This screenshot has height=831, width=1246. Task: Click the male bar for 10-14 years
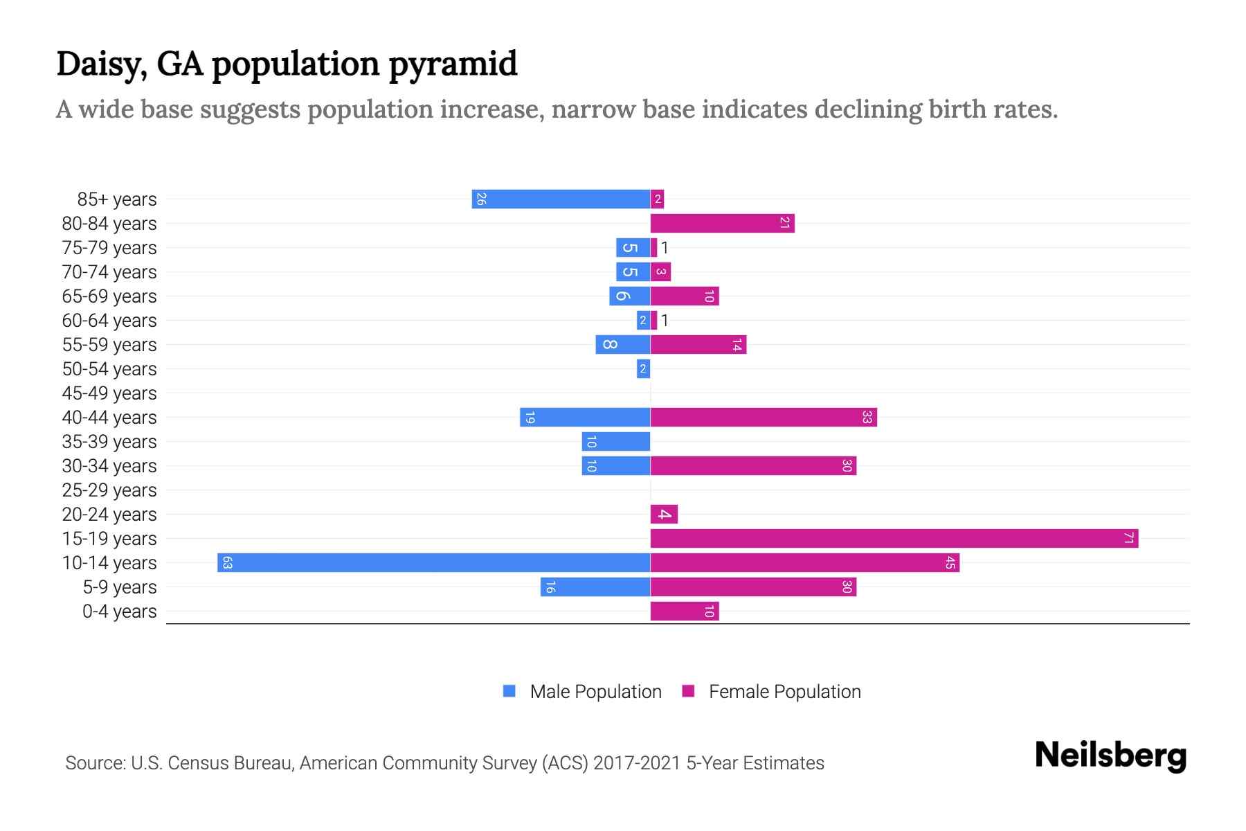click(433, 562)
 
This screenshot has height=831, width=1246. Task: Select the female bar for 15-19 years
click(894, 538)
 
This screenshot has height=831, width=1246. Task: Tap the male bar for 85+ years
click(561, 199)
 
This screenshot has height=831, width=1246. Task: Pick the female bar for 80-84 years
click(722, 223)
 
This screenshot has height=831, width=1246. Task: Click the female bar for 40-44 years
click(764, 417)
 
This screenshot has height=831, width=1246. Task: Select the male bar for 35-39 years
click(616, 441)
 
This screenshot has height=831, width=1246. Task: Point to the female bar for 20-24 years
click(664, 514)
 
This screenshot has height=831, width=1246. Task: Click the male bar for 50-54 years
click(643, 368)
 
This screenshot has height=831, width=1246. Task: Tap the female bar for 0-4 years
click(685, 611)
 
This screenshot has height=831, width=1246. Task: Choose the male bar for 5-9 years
click(595, 587)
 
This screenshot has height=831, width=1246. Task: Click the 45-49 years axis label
click(109, 393)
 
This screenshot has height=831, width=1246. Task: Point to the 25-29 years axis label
click(109, 490)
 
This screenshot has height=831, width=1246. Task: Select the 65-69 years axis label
click(109, 296)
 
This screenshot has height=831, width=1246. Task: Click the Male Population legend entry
click(595, 691)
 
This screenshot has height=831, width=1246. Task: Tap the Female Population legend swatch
click(688, 691)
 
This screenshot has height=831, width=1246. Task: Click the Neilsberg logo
click(1110, 756)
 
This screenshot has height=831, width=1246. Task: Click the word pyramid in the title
click(453, 64)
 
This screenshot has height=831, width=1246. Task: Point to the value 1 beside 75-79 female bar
click(665, 247)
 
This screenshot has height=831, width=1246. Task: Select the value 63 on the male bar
click(227, 562)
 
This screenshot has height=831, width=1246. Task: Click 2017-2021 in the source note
click(636, 763)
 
